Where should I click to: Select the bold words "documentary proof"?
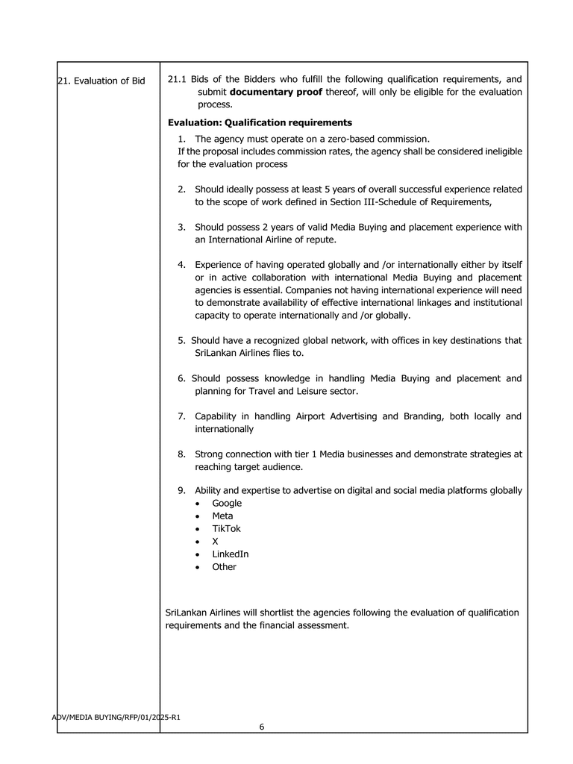click(x=276, y=92)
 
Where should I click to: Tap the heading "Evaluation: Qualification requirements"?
click(x=260, y=122)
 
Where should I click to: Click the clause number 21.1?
click(x=177, y=79)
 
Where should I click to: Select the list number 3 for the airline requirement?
click(x=181, y=227)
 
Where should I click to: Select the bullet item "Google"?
click(x=227, y=504)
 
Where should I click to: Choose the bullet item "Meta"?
click(x=222, y=516)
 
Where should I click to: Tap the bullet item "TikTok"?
click(x=226, y=529)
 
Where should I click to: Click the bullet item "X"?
click(x=216, y=542)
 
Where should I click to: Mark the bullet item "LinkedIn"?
click(x=231, y=554)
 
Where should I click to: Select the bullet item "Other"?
click(x=224, y=567)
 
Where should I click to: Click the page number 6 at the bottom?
click(x=262, y=727)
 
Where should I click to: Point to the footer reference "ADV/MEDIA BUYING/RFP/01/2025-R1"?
click(x=116, y=718)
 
